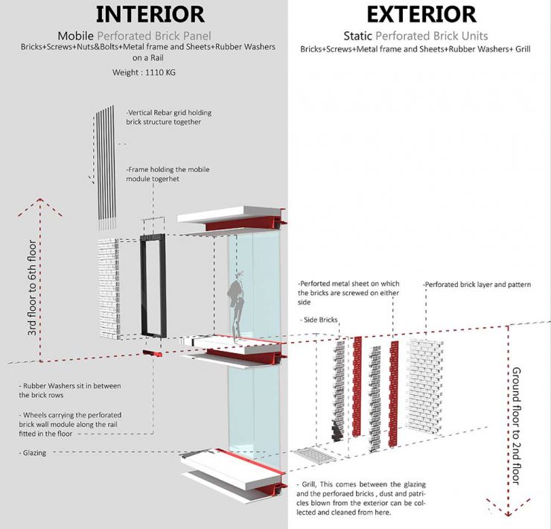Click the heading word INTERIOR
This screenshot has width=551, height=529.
point(149,13)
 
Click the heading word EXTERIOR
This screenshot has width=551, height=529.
point(420,13)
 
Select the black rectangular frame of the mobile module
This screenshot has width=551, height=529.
point(154,291)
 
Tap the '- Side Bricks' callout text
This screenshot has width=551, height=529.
point(321,320)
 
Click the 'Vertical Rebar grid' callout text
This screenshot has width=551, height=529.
point(169,117)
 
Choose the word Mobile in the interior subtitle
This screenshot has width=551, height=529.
point(80,36)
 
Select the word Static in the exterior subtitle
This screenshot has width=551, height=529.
point(358,36)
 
